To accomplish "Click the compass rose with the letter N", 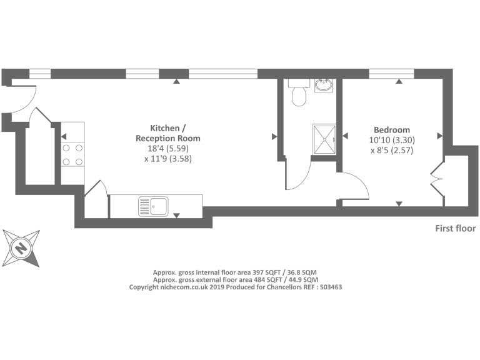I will coord(21,249).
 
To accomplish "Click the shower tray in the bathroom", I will coord(324,139).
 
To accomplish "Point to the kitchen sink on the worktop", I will coord(153,205).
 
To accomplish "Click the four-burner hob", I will coord(72,154).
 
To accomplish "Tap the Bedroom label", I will coord(392,129).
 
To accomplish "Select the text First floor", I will coord(455,229).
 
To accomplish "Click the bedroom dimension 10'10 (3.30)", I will coord(392,140).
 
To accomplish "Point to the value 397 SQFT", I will coord(264,272).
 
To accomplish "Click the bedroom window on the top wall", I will coord(391,73).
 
